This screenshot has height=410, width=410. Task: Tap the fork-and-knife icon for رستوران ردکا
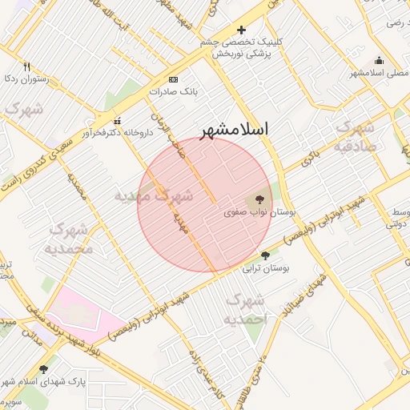click(x=26, y=66)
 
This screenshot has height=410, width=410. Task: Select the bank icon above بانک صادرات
click(x=174, y=79)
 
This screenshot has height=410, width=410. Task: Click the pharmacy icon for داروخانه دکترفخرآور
click(x=116, y=120)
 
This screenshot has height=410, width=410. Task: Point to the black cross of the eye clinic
click(x=241, y=30)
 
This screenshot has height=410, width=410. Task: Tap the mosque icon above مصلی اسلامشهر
click(x=379, y=61)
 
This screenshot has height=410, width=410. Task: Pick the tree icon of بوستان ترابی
click(x=266, y=256)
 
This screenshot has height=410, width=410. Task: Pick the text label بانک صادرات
click(x=173, y=91)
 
